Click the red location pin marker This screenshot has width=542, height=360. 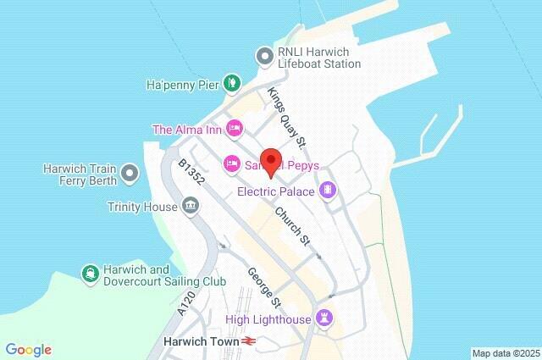(x=270, y=161)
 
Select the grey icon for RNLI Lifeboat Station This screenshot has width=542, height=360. (x=264, y=57)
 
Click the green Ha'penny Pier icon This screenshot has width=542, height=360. (x=231, y=83)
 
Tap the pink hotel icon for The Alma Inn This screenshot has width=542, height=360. (x=235, y=129)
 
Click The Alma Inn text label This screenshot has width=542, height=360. (x=187, y=130)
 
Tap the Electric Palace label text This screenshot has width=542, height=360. (x=275, y=192)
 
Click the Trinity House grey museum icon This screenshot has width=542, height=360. (x=191, y=206)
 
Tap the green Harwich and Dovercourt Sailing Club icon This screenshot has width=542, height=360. (x=89, y=273)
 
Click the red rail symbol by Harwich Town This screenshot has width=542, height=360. (x=248, y=341)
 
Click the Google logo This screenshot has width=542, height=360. (x=28, y=350)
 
